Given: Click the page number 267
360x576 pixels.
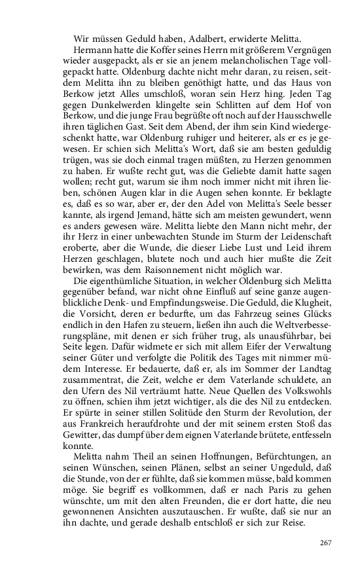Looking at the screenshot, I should click(325, 543).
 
